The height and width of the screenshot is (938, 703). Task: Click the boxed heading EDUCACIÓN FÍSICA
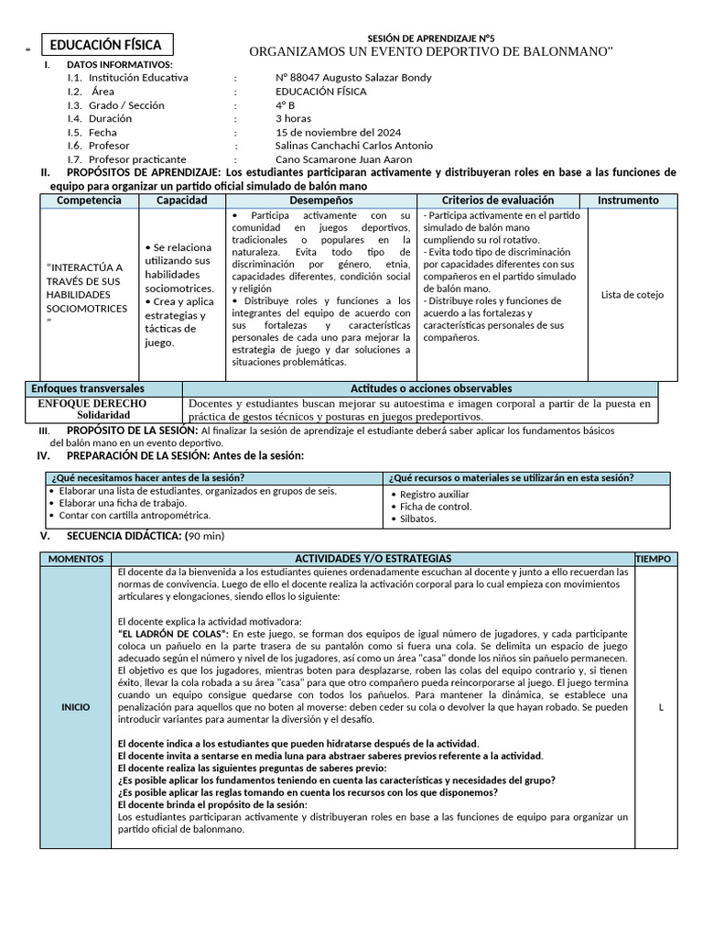(105, 45)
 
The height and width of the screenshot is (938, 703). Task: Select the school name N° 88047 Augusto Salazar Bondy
(352, 78)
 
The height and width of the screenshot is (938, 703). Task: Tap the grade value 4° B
(285, 105)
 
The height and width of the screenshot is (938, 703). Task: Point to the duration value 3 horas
(293, 119)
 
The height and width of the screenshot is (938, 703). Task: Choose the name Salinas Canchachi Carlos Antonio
(353, 146)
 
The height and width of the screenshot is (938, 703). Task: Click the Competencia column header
(89, 201)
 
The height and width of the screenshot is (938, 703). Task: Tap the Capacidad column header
(181, 201)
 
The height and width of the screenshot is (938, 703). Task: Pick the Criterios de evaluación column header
(497, 201)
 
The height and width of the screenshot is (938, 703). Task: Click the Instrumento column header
(628, 201)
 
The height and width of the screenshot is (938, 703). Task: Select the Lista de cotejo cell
(632, 295)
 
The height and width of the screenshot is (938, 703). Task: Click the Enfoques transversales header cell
(88, 389)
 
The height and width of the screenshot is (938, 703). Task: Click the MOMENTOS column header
(77, 559)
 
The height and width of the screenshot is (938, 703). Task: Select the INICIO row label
(76, 707)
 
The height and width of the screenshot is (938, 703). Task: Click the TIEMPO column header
(653, 559)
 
